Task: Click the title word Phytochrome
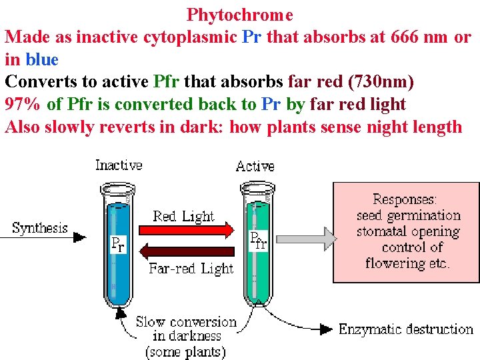pos(239,14)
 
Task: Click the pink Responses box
pos(406,233)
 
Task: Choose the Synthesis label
pos(40,228)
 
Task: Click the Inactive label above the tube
pos(119,165)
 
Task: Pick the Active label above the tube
pos(255,166)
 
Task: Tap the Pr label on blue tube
pos(117,245)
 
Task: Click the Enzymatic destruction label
pos(406,329)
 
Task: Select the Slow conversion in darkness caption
pos(186,337)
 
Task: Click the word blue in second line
pos(43,59)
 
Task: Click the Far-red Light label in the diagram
pos(191,269)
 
